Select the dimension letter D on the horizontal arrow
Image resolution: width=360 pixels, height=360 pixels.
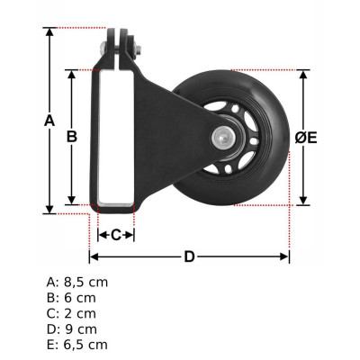[189, 257]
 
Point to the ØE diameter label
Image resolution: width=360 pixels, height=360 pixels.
[306, 138]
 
